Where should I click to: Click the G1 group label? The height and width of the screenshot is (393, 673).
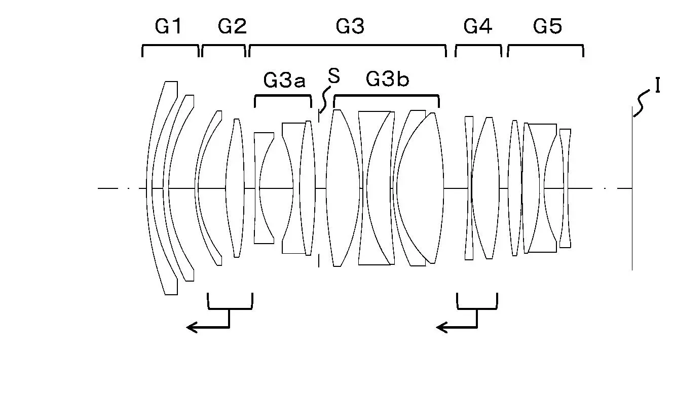pos(168,26)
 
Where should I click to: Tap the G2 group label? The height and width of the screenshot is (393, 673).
pos(232,26)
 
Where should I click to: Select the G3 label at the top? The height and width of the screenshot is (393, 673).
pos(350,26)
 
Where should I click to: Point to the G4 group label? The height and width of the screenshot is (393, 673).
pos(478,26)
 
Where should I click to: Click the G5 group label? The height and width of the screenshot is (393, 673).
pos(547,26)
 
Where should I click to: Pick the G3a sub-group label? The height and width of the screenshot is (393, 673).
pos(284,80)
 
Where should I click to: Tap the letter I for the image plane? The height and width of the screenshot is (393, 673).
pos(657,85)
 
